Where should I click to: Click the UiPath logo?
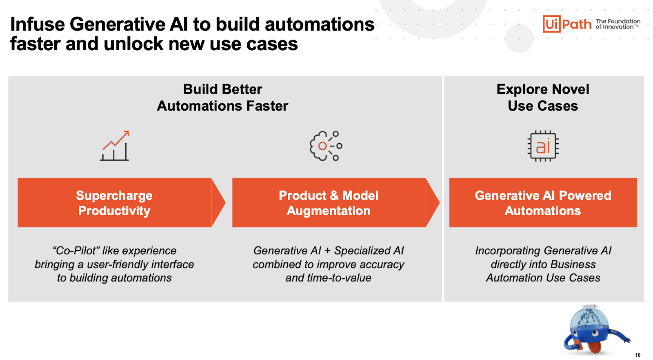566,24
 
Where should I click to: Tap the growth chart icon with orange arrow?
115,146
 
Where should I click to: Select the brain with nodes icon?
326,146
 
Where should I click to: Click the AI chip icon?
543,146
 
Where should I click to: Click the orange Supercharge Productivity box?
114,202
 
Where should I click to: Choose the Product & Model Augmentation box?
329,202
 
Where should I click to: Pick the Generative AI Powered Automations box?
543,202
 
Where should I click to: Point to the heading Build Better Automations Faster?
222,98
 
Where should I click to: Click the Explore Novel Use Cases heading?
543,98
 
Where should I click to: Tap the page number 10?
637,355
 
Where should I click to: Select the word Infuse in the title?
37,24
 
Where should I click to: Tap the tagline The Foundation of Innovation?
617,24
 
